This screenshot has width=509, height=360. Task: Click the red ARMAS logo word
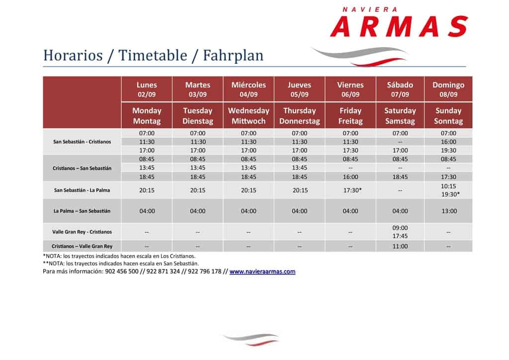click(x=399, y=27)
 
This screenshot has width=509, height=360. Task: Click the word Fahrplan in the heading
click(x=233, y=56)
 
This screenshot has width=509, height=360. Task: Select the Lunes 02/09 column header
click(x=147, y=90)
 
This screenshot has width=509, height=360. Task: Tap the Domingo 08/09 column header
click(x=448, y=90)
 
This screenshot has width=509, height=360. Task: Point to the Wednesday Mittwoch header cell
click(x=249, y=115)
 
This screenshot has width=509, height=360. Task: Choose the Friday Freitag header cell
click(x=350, y=115)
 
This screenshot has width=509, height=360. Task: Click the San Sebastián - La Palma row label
click(x=82, y=190)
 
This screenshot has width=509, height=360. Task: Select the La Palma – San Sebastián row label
click(x=82, y=211)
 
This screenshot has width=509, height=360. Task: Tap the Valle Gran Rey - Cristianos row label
click(x=82, y=232)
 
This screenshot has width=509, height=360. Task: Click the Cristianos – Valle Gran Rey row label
click(x=82, y=246)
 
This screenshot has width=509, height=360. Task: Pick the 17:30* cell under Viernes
click(x=352, y=190)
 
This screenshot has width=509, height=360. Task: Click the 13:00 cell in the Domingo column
click(x=449, y=211)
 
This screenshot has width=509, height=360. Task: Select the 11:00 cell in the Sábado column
click(x=400, y=246)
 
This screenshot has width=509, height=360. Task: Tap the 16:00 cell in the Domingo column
click(x=448, y=142)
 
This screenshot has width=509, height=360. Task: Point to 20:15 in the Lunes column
click(x=147, y=190)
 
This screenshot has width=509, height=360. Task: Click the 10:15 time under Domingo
click(x=448, y=186)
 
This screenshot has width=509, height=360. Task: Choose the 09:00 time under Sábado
click(x=400, y=228)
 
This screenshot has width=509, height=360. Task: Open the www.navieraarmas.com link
click(x=262, y=271)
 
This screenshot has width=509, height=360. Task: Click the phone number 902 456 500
click(x=122, y=271)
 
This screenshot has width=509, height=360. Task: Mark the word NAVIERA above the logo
click(x=370, y=10)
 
